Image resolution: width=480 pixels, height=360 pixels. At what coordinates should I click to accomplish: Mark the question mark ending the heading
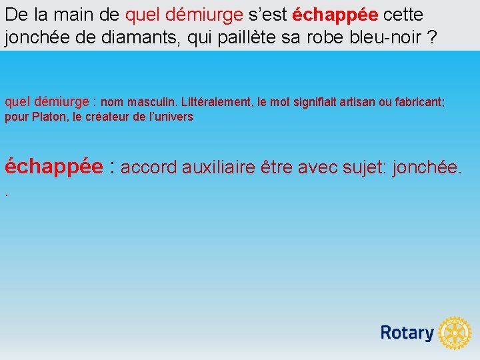[433, 37]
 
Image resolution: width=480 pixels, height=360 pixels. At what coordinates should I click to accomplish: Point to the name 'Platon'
[49, 117]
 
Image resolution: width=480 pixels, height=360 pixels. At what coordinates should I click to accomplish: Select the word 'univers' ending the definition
[171, 117]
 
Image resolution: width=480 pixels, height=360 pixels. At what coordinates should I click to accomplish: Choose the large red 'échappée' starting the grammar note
[53, 166]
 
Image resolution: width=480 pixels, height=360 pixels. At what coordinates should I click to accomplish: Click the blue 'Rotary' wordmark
[407, 332]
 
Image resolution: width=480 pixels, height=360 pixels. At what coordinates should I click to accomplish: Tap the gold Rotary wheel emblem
[455, 333]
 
